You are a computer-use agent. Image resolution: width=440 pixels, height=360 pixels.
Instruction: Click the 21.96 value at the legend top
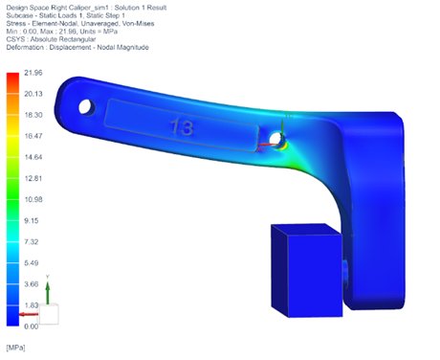coord(32,72)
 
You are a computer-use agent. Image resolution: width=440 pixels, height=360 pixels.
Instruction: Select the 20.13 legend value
coord(32,94)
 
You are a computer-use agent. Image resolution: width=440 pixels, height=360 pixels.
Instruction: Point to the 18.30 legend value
coord(32,115)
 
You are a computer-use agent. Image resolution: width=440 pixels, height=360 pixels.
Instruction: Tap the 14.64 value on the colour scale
coord(32,157)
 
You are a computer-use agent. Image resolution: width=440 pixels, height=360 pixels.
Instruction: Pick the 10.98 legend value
coord(32,199)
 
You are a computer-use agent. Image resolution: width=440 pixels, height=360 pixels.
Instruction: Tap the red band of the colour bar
coord(11,80)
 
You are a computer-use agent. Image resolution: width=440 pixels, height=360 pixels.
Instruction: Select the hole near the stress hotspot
coord(276,140)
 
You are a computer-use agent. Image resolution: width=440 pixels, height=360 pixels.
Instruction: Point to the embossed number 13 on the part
coord(180,125)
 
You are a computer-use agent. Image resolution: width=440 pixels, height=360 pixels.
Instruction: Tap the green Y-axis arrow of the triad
coord(48,288)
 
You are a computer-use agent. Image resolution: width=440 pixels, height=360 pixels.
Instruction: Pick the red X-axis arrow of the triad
coord(31,313)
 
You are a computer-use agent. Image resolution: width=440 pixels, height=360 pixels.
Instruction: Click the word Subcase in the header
coord(20,21)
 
